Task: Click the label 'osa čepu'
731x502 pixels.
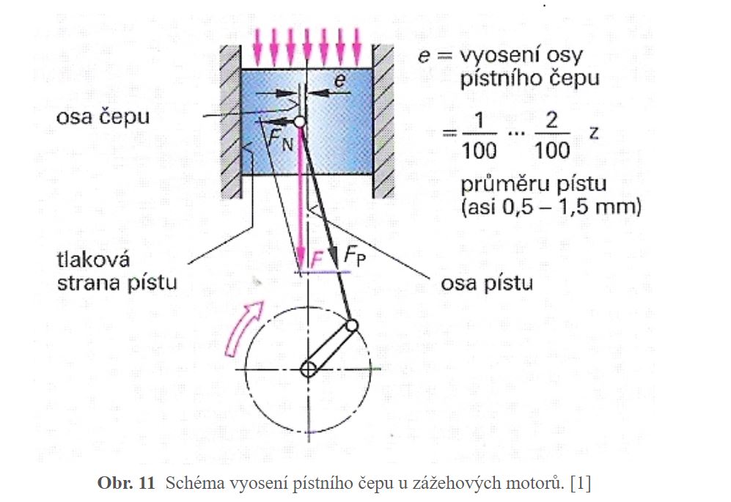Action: (x=106, y=117)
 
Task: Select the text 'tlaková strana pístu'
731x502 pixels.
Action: (x=117, y=271)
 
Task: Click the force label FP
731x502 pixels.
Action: (x=354, y=258)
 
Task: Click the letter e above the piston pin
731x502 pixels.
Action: (x=339, y=81)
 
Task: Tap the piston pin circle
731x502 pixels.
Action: (x=299, y=122)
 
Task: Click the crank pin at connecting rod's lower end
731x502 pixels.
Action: (x=352, y=325)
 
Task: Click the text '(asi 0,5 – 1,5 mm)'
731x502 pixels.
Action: (x=551, y=207)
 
